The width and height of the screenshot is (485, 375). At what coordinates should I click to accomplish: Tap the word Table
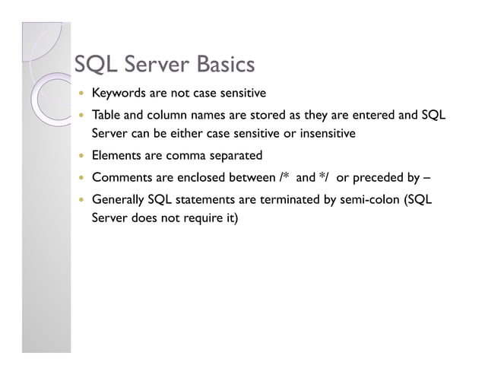(106, 116)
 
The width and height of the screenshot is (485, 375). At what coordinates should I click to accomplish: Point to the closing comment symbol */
(323, 178)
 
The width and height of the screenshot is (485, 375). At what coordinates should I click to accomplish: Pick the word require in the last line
(204, 220)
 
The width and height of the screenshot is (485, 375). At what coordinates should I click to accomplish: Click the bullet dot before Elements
(80, 157)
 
